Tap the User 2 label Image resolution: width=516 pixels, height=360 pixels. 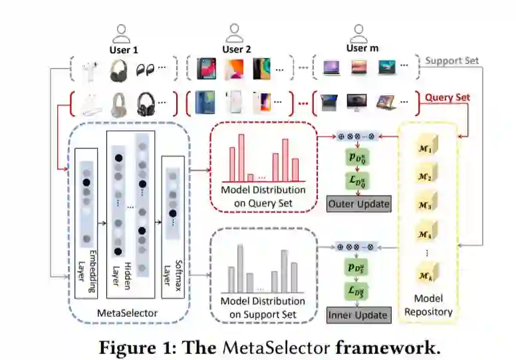click(237, 49)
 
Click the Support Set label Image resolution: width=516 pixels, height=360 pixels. click(452, 61)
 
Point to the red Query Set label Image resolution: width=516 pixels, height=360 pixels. click(448, 97)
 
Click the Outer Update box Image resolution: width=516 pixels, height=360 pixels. click(359, 204)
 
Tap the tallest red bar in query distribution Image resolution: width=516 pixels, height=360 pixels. click(241, 158)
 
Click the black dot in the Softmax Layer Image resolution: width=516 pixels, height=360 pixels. click(172, 214)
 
